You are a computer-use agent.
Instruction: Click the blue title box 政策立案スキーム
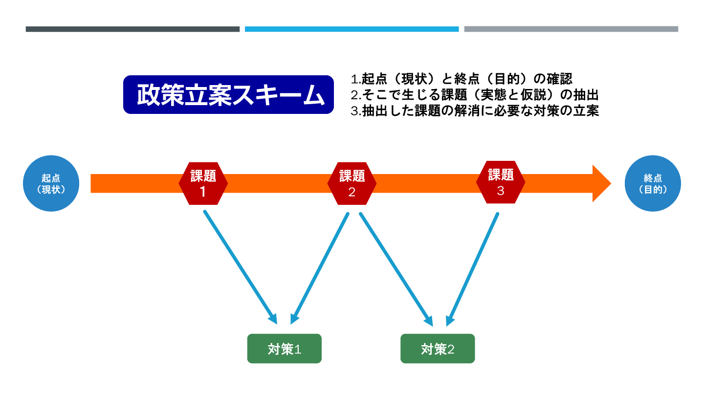228,94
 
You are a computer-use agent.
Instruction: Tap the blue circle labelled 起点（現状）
51,183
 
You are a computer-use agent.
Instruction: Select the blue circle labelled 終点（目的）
653,183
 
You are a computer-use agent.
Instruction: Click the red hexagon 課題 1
203,183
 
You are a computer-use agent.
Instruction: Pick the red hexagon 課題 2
352,183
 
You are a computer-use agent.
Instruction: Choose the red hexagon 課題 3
501,182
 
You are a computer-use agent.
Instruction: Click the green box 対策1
284,349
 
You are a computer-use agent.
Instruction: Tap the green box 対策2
438,349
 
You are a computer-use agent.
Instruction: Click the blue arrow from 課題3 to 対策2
473,268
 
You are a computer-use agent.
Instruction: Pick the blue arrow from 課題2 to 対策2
395,268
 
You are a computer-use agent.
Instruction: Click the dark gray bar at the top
132,29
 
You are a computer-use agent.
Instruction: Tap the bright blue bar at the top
352,29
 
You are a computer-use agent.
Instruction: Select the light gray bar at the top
571,29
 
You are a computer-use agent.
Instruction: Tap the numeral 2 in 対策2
451,349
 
